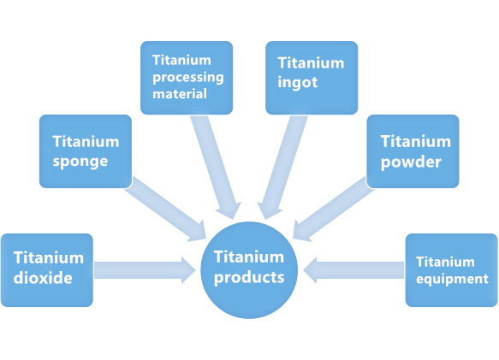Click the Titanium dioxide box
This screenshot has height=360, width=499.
46,269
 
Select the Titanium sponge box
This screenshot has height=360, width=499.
86,151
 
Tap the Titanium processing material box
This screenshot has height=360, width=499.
187,77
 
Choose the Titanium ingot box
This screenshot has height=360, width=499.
311,77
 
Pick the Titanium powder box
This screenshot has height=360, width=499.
413,151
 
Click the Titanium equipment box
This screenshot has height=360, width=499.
451,269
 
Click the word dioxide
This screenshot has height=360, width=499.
43,278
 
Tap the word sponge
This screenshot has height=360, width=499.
80,160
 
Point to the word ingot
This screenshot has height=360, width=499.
299,82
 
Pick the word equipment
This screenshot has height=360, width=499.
451,279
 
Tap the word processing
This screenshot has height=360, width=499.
187,77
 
